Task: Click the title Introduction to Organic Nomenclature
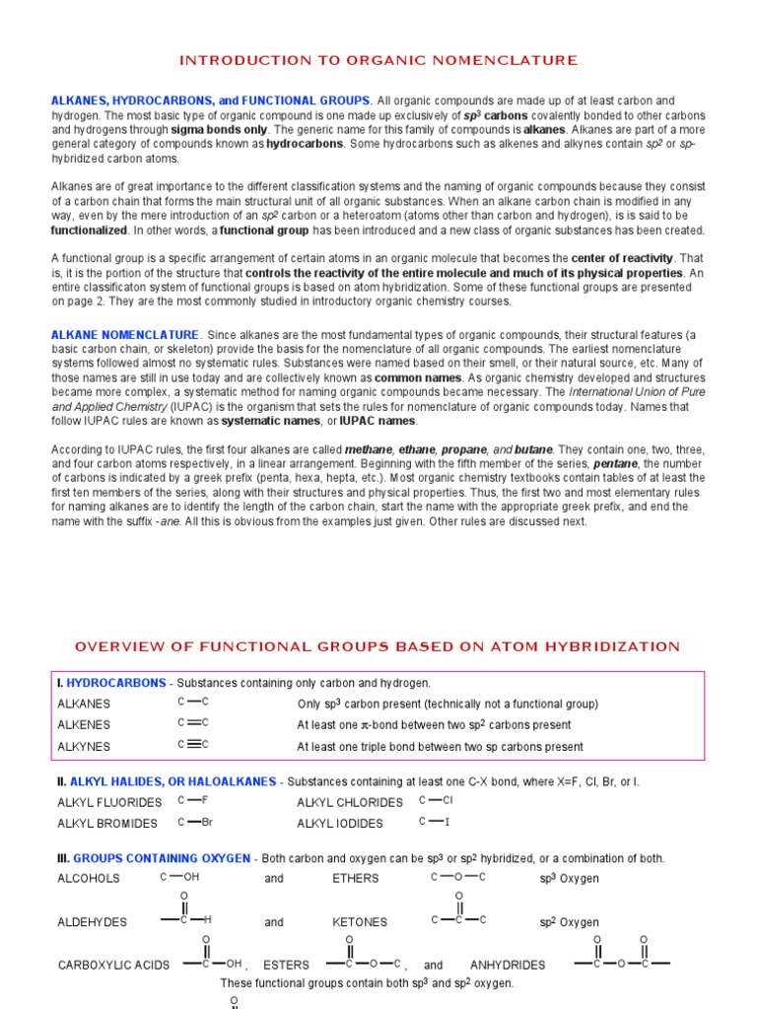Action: (x=378, y=61)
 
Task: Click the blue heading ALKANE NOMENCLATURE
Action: (x=124, y=335)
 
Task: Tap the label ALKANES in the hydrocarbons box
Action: (x=84, y=704)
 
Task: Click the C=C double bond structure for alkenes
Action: (x=193, y=723)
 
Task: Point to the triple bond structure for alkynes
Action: (x=193, y=745)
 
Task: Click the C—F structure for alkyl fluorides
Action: (x=193, y=800)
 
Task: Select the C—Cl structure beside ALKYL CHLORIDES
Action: (x=436, y=800)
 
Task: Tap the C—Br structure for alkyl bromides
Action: (x=195, y=822)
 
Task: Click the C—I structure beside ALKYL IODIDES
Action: (x=434, y=822)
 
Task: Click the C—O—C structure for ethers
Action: (x=458, y=877)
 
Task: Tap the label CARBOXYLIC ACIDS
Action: (x=113, y=966)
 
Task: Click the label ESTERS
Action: (x=286, y=966)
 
